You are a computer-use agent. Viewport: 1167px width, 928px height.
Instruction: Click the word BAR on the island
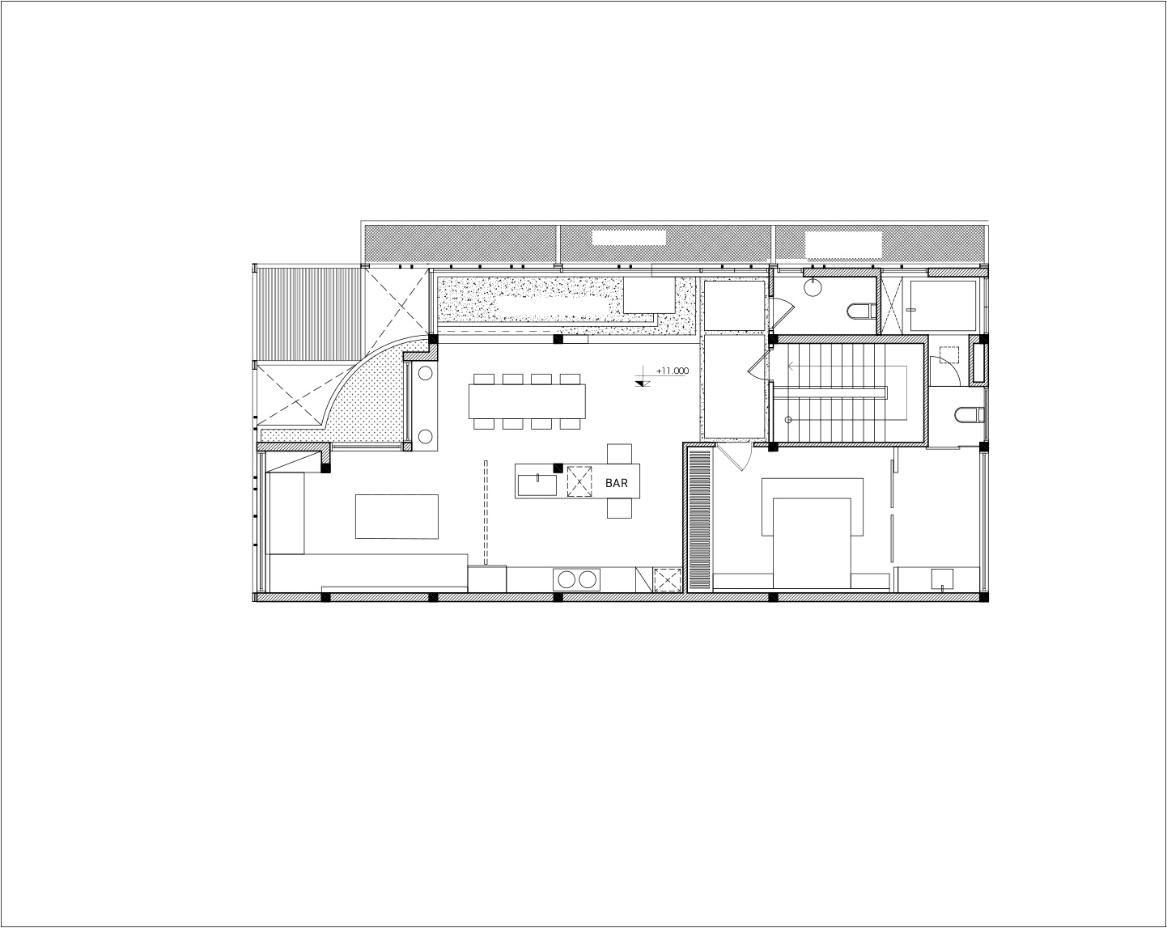click(617, 483)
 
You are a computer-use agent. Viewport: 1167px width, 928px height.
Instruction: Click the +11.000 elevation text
click(673, 371)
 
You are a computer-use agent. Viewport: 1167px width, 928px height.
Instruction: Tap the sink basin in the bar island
click(537, 485)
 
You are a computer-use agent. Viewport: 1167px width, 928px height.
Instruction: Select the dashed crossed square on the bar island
click(579, 481)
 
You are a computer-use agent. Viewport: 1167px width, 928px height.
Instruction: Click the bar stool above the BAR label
click(619, 454)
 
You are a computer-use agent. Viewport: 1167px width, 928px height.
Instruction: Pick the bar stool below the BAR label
click(619, 508)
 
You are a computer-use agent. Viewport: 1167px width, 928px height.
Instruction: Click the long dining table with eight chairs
click(527, 401)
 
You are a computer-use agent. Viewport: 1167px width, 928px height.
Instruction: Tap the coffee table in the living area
click(397, 516)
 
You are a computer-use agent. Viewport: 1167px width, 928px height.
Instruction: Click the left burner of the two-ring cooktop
click(567, 580)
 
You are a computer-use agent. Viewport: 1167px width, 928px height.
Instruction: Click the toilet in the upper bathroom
click(860, 311)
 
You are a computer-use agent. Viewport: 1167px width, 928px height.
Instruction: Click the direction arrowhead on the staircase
click(791, 367)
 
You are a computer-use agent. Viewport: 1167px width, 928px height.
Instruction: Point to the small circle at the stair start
click(788, 420)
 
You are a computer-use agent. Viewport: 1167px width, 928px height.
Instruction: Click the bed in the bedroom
click(812, 543)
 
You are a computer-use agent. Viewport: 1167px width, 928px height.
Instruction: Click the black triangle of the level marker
click(643, 383)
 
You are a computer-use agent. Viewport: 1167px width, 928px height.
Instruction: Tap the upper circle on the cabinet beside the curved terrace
click(425, 374)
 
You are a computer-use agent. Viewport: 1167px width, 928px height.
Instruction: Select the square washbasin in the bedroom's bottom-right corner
click(943, 579)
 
